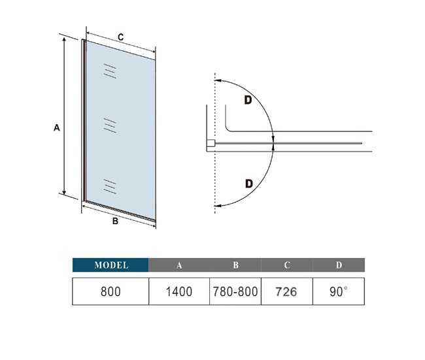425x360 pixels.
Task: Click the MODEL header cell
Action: click(110, 265)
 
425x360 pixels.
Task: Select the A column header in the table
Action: click(179, 265)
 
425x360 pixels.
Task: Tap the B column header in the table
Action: click(235, 265)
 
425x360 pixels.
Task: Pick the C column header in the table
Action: click(287, 265)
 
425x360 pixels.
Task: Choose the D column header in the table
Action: click(339, 265)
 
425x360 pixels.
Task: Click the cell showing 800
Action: click(110, 291)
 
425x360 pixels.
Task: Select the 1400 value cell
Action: click(179, 291)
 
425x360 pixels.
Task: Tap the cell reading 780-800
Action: click(235, 291)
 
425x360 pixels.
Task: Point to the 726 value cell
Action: click(287, 291)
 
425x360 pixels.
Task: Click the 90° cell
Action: click(339, 291)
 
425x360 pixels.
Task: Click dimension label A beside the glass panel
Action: click(56, 127)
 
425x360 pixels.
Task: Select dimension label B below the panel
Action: click(115, 221)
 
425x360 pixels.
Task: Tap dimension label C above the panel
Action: click(120, 37)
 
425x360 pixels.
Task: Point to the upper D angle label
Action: click(248, 100)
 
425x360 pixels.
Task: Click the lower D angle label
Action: click(249, 184)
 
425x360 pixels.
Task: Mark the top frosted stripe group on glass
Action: click(110, 71)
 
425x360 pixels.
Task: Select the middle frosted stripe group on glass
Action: click(110, 125)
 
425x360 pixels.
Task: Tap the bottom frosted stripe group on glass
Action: click(110, 186)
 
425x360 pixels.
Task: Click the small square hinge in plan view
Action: click(211, 143)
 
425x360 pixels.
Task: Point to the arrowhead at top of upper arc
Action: click(217, 80)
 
